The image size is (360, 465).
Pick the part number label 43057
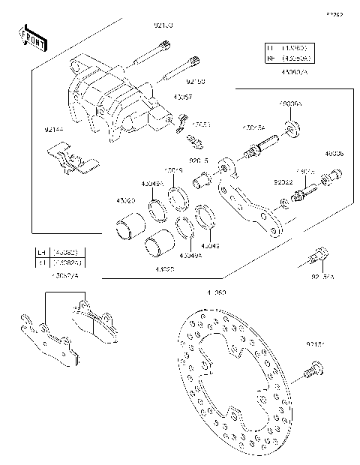pyautogui.click(x=182, y=97)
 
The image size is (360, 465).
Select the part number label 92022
pyautogui.click(x=283, y=181)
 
